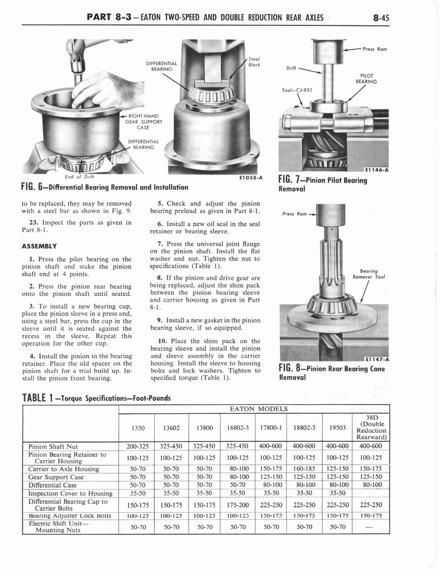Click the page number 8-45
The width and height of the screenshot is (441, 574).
coord(380,17)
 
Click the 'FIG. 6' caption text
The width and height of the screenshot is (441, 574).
coord(104,187)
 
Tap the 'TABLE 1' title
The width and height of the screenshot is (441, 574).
coord(95,398)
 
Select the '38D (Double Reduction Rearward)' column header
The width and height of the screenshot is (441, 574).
coord(370,427)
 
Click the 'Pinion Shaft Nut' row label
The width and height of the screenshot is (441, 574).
coord(53,446)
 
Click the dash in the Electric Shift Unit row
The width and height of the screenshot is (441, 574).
coord(370,527)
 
